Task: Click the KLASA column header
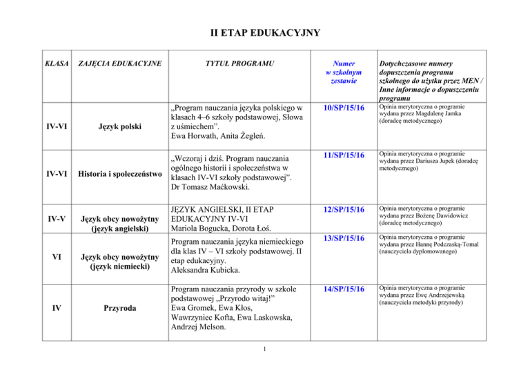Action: click(x=57, y=64)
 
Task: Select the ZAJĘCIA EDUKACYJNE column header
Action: click(x=120, y=64)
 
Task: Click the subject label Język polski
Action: click(x=120, y=128)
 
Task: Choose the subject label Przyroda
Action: click(x=120, y=310)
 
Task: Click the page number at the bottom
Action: click(x=265, y=358)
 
